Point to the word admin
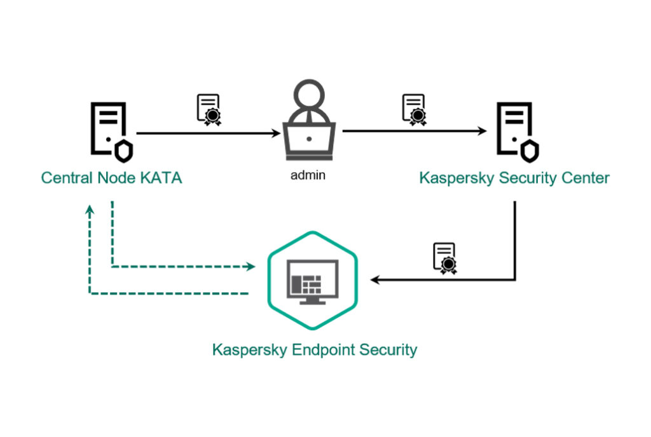click(308, 175)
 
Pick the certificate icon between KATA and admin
click(208, 109)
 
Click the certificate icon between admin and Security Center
click(414, 109)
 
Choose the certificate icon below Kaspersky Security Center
click(445, 257)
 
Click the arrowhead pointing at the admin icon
click(276, 133)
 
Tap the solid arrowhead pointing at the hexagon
click(376, 279)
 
